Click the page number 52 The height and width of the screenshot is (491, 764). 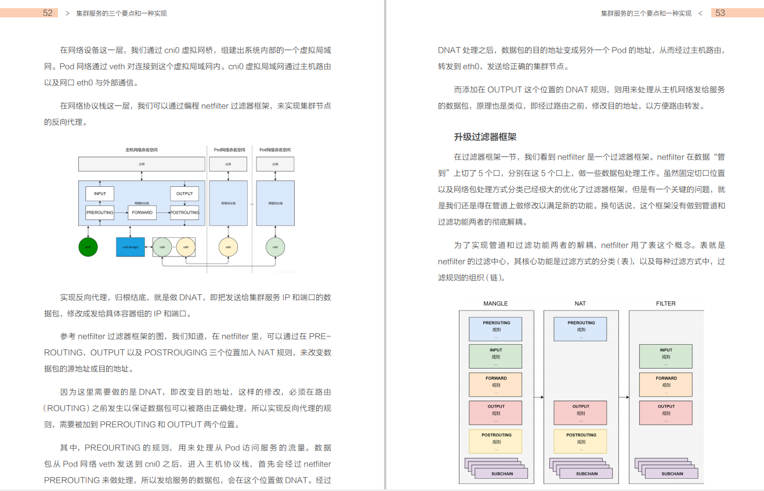pos(48,13)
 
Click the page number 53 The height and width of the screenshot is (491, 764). pos(720,13)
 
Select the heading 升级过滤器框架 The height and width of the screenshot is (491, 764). pos(485,137)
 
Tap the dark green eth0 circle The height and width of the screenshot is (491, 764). pos(88,247)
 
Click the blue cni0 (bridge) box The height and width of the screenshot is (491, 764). pos(130,247)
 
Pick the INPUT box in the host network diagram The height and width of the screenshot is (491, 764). pos(100,194)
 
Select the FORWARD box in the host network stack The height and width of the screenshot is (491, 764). pos(142,212)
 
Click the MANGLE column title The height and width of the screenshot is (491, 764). pos(495,304)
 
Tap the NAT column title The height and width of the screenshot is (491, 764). pos(580,304)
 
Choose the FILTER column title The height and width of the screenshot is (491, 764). pos(665,304)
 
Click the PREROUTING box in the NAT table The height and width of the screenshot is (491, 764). pos(581,328)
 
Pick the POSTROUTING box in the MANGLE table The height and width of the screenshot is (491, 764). pos(496,441)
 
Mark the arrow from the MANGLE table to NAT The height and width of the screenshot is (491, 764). pos(538,397)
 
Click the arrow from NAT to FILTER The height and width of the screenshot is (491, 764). pos(624,397)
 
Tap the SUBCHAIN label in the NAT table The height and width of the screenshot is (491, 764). pos(587,474)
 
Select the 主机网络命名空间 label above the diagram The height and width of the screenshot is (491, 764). pos(142,150)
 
